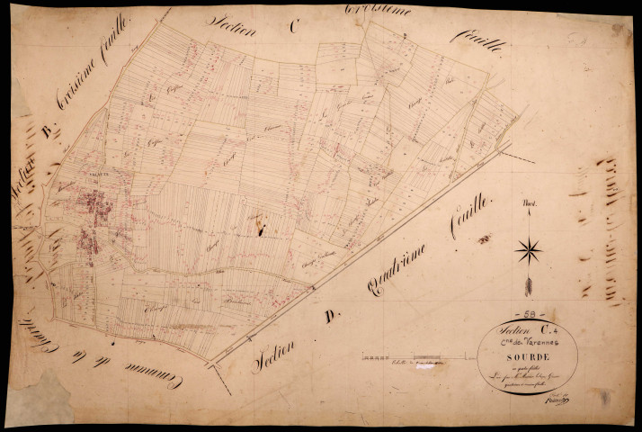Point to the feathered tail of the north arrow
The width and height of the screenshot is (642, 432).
pyautogui.click(x=530, y=286)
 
